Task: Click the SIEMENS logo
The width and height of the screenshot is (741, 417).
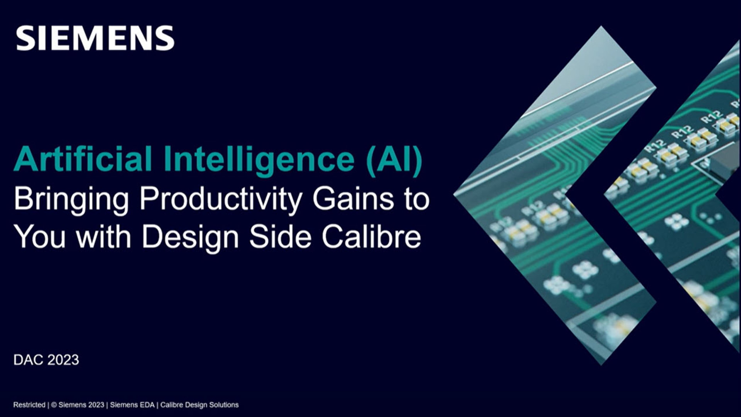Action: point(95,38)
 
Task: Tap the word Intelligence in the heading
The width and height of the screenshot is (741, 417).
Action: point(259,159)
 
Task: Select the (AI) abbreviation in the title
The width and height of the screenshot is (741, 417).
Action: point(394,159)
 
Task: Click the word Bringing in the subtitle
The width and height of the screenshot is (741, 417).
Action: point(71,199)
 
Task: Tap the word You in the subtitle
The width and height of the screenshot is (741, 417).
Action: point(40,236)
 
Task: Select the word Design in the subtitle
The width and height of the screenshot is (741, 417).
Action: point(190,237)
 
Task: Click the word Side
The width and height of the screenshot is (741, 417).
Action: point(280,236)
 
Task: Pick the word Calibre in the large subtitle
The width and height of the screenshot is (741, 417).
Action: point(371,236)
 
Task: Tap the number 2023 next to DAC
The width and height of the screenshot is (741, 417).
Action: point(63,360)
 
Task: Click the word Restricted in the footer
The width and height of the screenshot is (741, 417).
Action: point(29,405)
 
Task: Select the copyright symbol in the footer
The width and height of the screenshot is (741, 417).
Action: point(54,405)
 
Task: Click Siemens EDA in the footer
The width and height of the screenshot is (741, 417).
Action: point(132,405)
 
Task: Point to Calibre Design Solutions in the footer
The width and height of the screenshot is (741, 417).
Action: point(199,405)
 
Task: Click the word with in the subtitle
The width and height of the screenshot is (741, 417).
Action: point(103,236)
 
